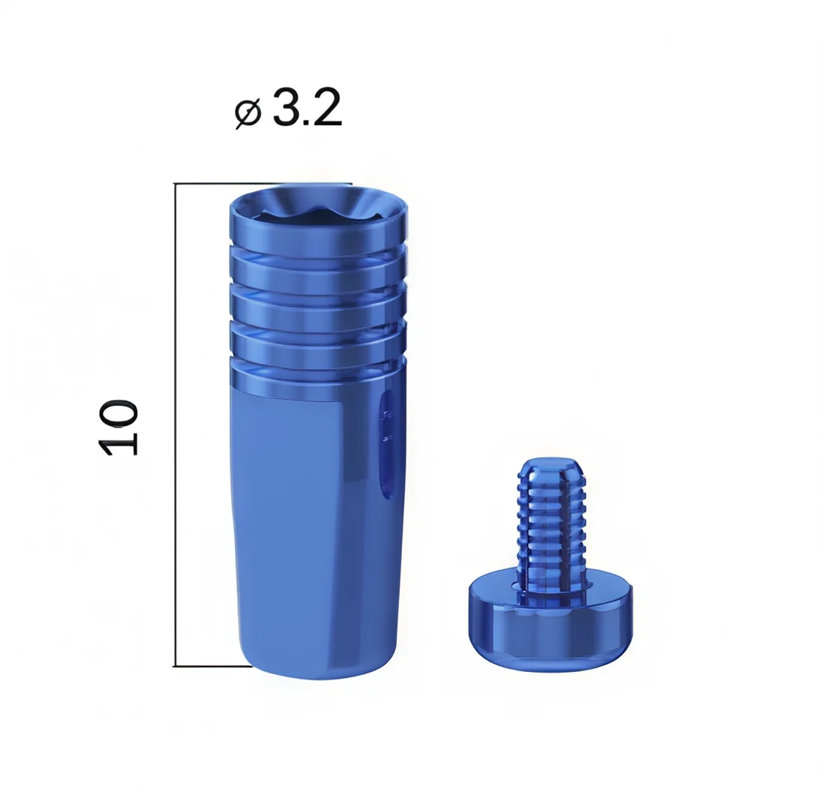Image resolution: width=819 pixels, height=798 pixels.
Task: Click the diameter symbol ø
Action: pyautogui.click(x=247, y=114)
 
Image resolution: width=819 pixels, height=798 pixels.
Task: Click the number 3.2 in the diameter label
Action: pyautogui.click(x=307, y=107)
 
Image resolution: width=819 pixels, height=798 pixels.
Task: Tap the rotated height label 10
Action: pyautogui.click(x=118, y=427)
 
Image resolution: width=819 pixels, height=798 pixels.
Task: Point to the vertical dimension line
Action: pyautogui.click(x=175, y=424)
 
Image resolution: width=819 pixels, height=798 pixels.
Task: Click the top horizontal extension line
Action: pyautogui.click(x=262, y=184)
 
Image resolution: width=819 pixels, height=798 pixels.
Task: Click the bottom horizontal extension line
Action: pyautogui.click(x=212, y=667)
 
